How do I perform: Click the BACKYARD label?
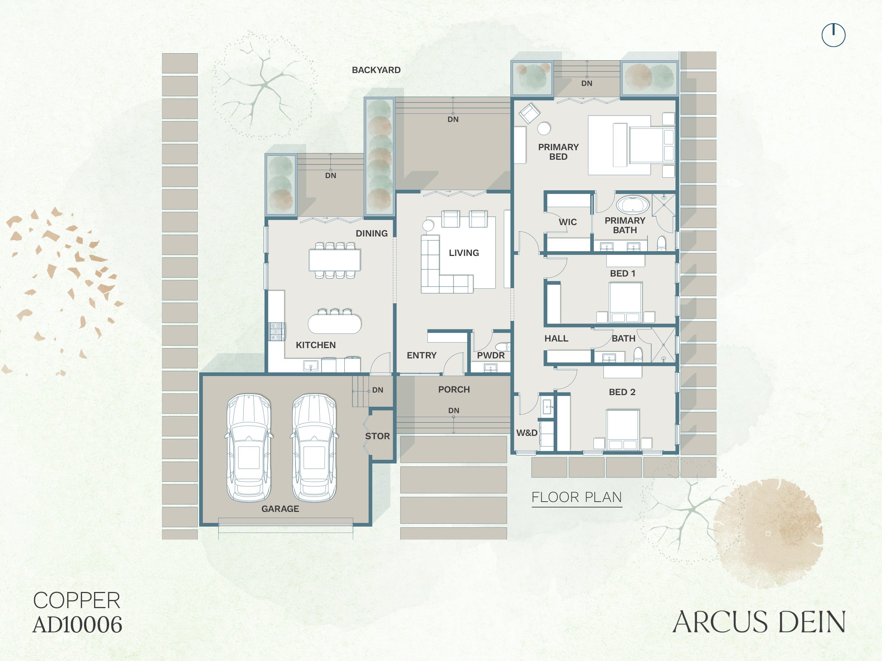point(376,70)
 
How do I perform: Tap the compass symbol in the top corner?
point(833,35)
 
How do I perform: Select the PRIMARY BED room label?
point(558,152)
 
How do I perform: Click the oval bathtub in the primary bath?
point(632,205)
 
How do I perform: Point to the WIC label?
point(567,222)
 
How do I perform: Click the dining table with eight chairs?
point(334,260)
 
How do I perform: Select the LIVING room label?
point(464,253)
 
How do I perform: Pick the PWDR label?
point(491,355)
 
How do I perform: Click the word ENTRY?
point(422,355)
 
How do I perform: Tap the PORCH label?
point(454,390)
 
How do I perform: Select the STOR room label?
point(377,436)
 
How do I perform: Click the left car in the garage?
point(249,448)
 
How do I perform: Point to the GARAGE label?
point(280,509)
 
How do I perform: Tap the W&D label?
point(527,433)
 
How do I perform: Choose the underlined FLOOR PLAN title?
point(577,498)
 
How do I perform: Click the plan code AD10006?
point(77,625)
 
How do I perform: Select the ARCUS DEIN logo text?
point(759,622)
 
